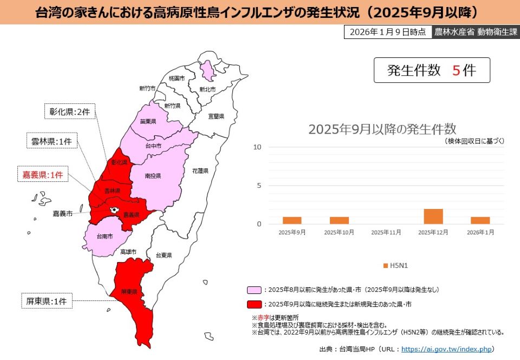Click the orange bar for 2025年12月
(433, 216)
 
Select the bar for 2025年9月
(292, 220)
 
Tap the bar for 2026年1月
(480, 220)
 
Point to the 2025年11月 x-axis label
(386, 232)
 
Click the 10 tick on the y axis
(257, 147)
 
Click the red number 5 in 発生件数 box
(456, 70)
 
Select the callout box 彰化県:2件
(69, 112)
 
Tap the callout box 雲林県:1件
(52, 141)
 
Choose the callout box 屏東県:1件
(47, 301)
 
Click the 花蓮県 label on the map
(200, 171)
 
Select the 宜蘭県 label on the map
(216, 116)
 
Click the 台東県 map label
(164, 255)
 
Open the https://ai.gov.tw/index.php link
(446, 349)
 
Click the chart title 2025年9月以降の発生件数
(382, 129)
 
